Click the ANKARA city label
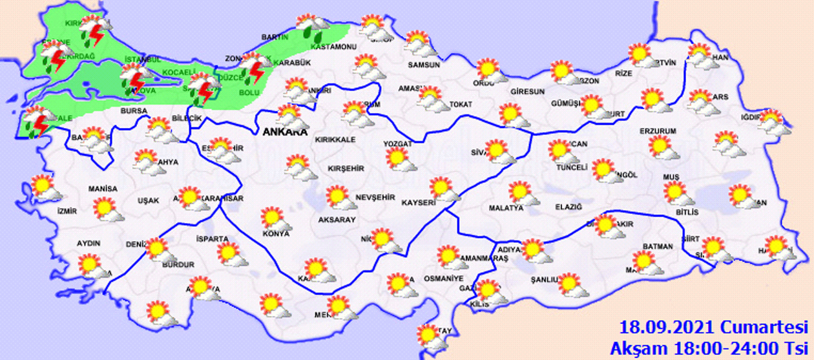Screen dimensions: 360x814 click(x=284, y=132)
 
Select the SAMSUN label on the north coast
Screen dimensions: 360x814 click(x=423, y=65)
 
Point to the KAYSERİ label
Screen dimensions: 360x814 click(x=416, y=202)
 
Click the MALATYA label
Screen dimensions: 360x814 click(x=506, y=208)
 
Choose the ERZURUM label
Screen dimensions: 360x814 click(x=657, y=131)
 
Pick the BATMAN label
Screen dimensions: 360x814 click(x=658, y=246)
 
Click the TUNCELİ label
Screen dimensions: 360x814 click(x=572, y=167)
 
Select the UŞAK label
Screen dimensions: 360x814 click(x=148, y=200)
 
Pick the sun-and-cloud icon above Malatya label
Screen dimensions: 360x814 click(x=522, y=193)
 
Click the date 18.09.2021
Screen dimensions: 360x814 click(x=667, y=326)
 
